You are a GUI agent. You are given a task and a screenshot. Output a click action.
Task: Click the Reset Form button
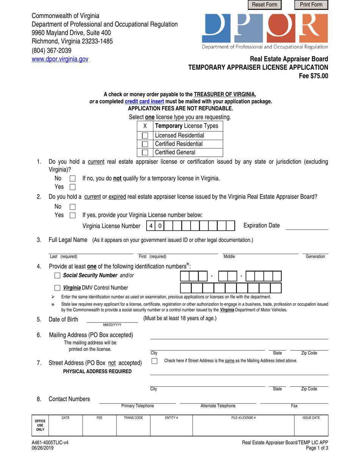265,5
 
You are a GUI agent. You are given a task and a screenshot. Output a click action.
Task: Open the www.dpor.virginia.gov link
60,59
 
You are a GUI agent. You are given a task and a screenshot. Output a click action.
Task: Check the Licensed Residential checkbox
145,136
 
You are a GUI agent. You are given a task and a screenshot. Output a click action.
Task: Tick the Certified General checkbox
145,153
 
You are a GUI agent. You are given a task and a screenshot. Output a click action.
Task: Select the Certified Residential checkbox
145,144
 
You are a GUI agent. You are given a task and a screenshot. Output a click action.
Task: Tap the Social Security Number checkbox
57,275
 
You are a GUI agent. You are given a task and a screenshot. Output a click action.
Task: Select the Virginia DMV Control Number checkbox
57,288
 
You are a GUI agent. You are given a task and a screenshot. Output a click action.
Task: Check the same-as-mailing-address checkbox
155,361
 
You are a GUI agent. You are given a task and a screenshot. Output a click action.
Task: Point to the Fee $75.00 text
313,75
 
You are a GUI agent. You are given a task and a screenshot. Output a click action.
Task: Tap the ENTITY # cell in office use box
171,426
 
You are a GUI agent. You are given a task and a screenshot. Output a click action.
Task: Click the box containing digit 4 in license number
151,226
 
